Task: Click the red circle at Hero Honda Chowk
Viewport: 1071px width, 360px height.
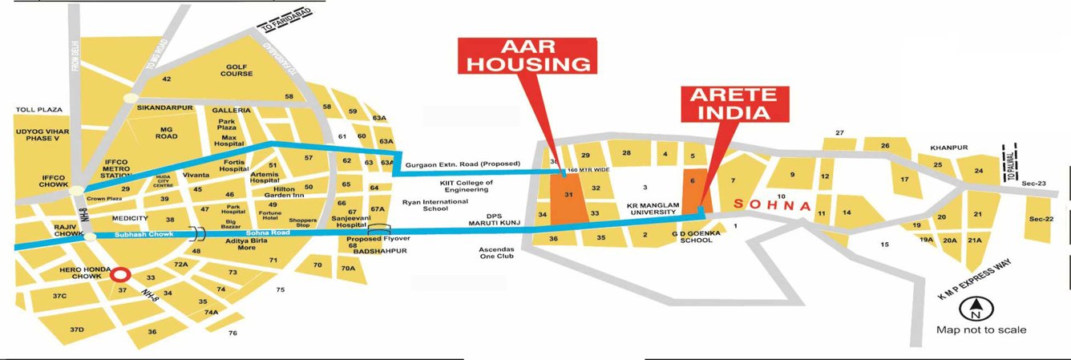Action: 120,275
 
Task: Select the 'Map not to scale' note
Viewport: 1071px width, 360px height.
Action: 981,330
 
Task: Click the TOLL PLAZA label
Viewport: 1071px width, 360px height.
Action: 39,109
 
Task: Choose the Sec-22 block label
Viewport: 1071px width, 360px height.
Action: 1041,219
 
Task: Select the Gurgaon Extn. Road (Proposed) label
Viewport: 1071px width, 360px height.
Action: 463,164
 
